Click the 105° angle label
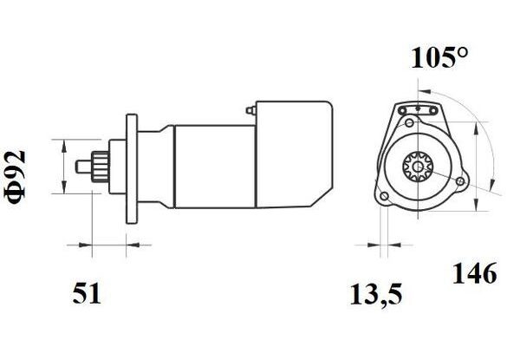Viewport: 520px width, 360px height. (x=439, y=58)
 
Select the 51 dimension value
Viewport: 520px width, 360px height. (x=86, y=294)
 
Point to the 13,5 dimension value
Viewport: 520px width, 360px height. (x=376, y=294)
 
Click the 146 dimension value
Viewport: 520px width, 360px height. (x=475, y=273)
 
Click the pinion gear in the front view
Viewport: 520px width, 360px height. (x=418, y=167)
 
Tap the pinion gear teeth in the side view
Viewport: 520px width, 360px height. (x=101, y=167)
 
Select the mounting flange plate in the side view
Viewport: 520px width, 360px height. (x=132, y=169)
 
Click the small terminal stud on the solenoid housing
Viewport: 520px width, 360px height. (x=250, y=110)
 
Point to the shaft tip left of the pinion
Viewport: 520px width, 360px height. (x=83, y=167)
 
